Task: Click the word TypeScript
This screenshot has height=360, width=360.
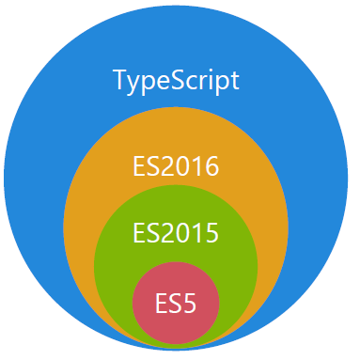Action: click(x=177, y=81)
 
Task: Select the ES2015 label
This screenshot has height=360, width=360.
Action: click(x=176, y=232)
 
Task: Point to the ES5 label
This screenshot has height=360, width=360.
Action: click(x=176, y=305)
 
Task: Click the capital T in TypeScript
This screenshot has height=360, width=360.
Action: click(x=120, y=80)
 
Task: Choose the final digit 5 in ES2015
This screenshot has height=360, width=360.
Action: click(x=211, y=232)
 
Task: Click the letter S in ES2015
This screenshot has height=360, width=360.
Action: click(x=154, y=232)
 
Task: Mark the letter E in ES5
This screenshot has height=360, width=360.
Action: click(x=162, y=305)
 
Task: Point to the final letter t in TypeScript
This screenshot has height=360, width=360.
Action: click(x=234, y=81)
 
